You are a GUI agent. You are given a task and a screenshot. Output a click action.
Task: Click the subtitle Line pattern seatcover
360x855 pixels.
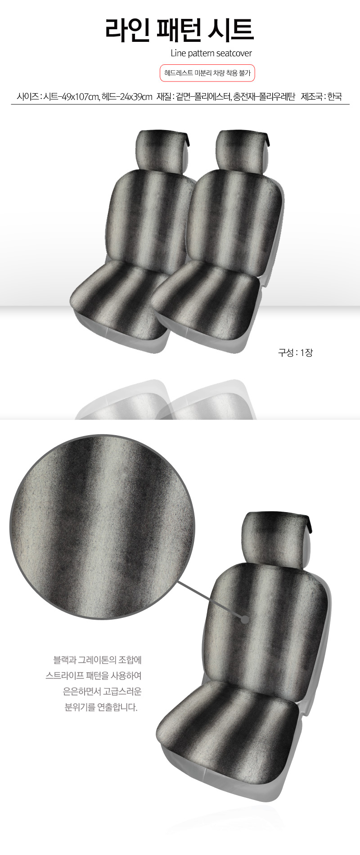(x=211, y=53)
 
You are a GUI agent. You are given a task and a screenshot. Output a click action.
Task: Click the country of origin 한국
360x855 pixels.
(x=334, y=96)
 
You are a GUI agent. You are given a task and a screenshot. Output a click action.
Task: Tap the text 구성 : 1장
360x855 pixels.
(x=295, y=353)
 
